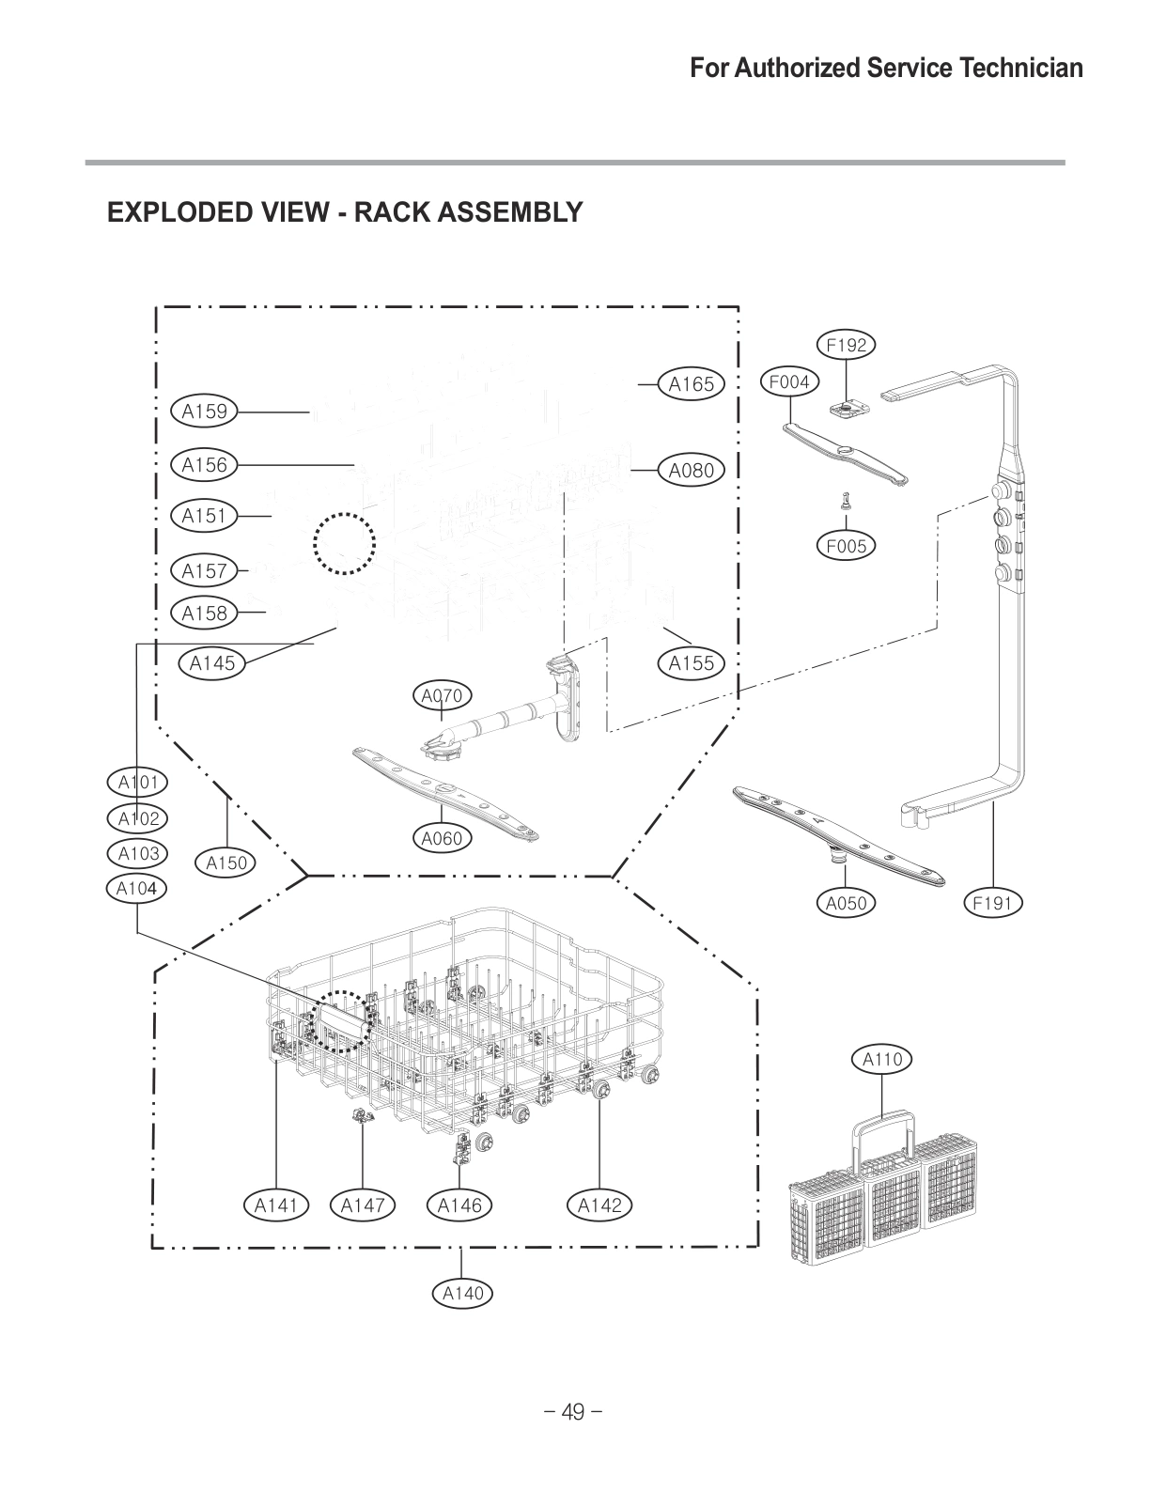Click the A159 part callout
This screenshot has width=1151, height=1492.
click(x=205, y=411)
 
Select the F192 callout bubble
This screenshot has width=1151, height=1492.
click(x=846, y=345)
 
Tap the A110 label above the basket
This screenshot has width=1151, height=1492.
click(x=882, y=1060)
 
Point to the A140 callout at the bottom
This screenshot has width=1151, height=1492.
click(x=462, y=1294)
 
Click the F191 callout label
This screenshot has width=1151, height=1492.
click(x=992, y=904)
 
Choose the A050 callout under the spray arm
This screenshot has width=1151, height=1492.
click(x=846, y=904)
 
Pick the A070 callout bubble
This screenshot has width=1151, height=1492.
click(x=442, y=696)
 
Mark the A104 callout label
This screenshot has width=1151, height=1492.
click(x=136, y=888)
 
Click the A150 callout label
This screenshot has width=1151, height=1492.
click(x=226, y=863)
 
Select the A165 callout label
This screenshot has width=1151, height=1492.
click(x=691, y=384)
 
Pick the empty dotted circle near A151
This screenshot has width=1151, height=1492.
click(x=345, y=543)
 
